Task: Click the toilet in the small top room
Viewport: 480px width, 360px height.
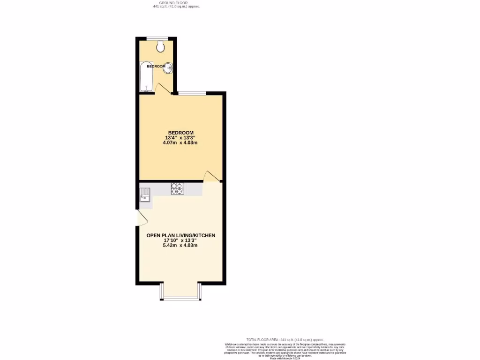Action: (x=161, y=45)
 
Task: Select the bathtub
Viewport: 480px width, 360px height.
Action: (x=146, y=76)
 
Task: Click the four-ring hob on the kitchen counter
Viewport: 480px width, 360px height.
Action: (x=177, y=188)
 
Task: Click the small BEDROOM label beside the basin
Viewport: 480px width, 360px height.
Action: (x=156, y=67)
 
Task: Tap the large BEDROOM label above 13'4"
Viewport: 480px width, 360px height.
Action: (x=181, y=132)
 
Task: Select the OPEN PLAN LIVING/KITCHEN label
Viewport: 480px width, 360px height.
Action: (x=181, y=235)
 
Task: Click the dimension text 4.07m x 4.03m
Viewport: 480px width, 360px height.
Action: (x=181, y=143)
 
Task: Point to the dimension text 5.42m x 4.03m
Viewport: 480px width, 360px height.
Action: (x=181, y=246)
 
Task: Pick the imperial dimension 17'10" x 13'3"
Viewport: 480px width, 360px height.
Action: (x=181, y=240)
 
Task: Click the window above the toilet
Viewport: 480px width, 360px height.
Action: (x=157, y=37)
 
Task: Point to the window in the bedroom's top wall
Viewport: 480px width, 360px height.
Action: (x=191, y=93)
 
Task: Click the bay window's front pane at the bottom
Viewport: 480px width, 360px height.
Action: (x=180, y=299)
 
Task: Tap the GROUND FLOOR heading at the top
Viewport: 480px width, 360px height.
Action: (x=176, y=3)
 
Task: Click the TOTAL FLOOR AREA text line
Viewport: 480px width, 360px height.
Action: (x=285, y=339)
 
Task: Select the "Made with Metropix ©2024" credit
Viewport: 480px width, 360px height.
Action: (x=285, y=359)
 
